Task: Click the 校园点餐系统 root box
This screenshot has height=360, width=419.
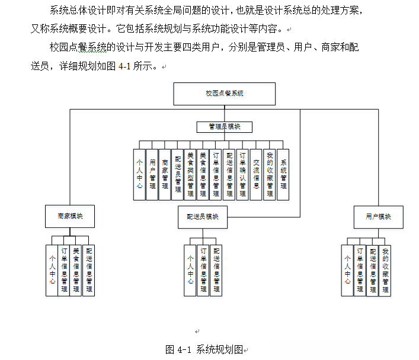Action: click(225, 94)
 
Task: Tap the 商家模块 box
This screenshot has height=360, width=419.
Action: click(70, 216)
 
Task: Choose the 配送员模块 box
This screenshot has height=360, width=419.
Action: click(199, 216)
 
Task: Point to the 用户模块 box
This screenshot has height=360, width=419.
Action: click(378, 216)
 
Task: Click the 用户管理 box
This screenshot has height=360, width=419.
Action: click(152, 174)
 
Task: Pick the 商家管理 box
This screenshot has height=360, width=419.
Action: click(165, 174)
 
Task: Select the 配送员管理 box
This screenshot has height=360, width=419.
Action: click(178, 174)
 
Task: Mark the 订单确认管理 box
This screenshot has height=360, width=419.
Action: click(243, 174)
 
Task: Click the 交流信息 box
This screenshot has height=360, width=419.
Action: click(256, 174)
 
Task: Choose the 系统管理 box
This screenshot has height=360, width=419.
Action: click(283, 174)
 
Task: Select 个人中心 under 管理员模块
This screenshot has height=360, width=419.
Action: click(139, 174)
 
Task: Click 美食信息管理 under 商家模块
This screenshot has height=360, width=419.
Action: click(76, 270)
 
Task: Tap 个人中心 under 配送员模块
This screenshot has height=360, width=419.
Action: click(190, 270)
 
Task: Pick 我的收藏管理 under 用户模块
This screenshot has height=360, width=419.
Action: click(385, 270)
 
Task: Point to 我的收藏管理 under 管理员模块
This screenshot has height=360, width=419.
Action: click(270, 174)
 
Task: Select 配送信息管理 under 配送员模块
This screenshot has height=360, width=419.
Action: click(216, 270)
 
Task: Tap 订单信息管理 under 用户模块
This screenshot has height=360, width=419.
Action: click(360, 270)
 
